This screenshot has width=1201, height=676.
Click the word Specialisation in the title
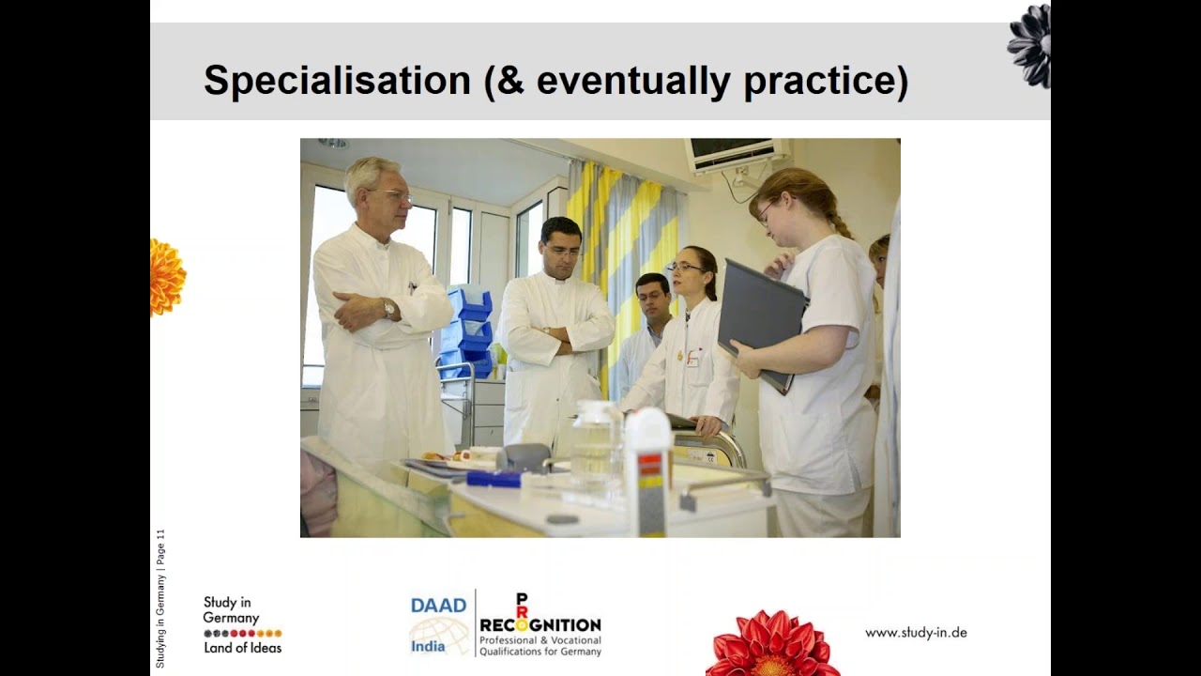[x=337, y=81]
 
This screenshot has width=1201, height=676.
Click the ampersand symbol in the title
[x=510, y=81]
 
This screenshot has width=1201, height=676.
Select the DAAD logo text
[x=438, y=606]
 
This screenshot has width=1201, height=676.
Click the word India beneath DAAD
[x=428, y=647]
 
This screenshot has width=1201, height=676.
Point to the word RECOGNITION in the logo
[x=540, y=625]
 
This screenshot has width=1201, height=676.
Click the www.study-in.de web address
[x=916, y=633]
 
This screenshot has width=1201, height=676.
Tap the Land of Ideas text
[x=242, y=648]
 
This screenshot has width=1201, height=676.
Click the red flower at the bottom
[x=772, y=644]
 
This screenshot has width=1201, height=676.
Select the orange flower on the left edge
[x=167, y=277]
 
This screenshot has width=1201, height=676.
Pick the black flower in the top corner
[x=1029, y=46]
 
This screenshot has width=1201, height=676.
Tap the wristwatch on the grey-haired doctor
[x=388, y=309]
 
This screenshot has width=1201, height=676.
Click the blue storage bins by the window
[x=468, y=331]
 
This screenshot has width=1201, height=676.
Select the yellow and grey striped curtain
[x=625, y=269]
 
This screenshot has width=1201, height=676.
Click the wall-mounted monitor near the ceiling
[x=737, y=154]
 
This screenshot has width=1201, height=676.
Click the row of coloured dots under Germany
[x=243, y=634]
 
